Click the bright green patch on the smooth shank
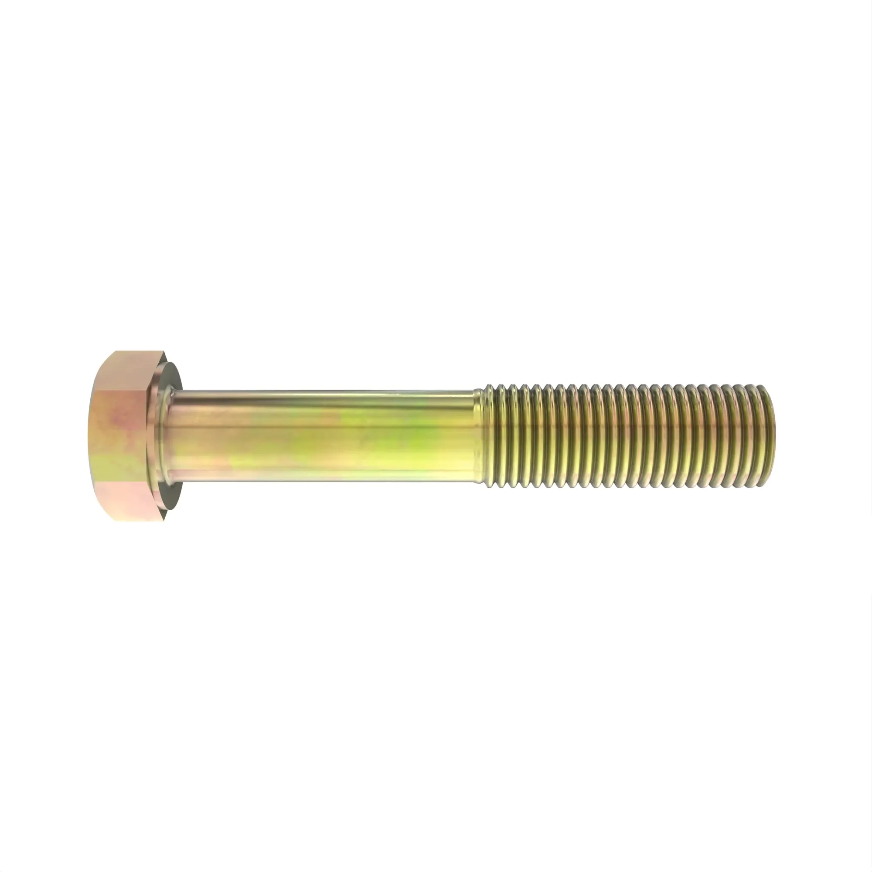coord(406,433)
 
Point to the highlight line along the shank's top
coord(325,394)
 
